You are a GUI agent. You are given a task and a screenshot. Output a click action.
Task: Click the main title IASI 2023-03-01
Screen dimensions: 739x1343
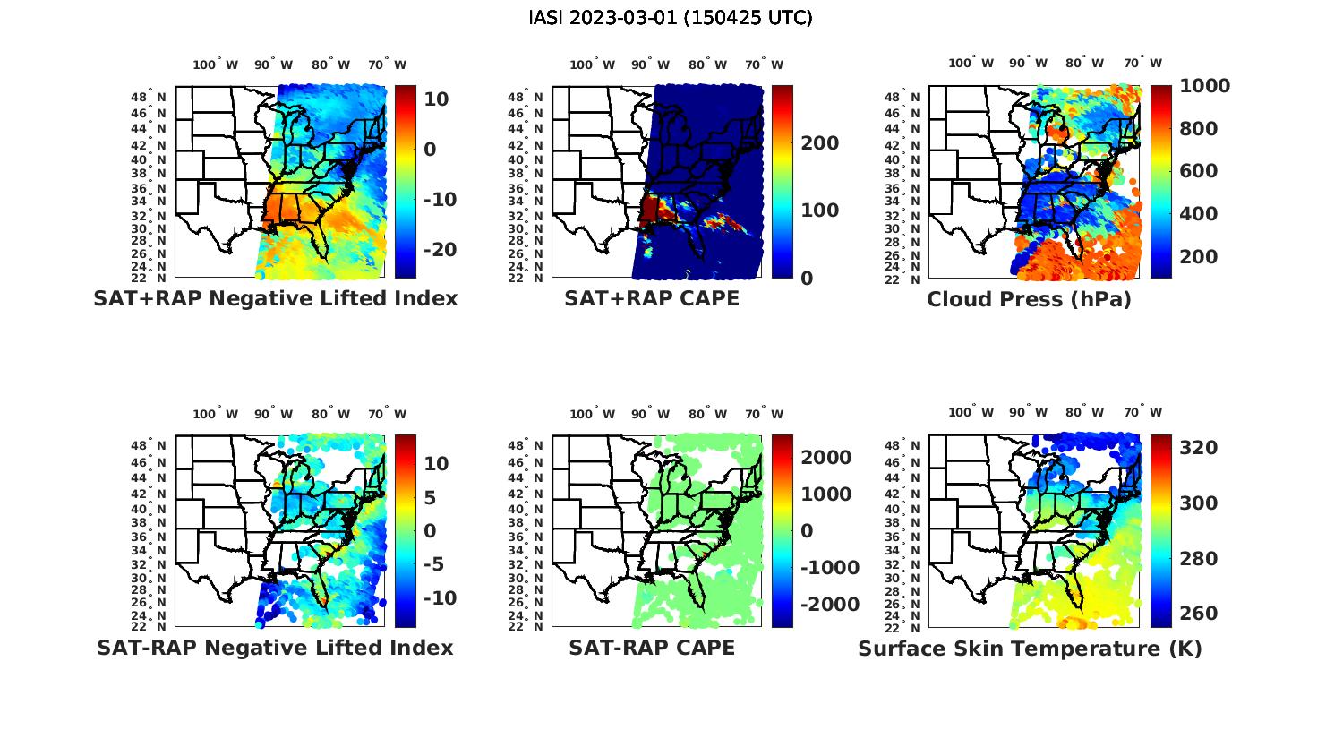click(x=671, y=18)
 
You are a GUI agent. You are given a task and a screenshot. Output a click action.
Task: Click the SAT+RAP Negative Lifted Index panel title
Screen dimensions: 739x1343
click(x=275, y=298)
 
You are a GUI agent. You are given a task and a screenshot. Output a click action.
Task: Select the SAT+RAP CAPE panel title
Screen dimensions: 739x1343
click(x=652, y=298)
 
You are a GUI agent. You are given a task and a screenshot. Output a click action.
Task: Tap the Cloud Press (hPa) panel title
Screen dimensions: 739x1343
click(x=1029, y=299)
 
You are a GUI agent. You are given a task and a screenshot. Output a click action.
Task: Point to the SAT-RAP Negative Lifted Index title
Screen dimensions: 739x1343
click(x=275, y=648)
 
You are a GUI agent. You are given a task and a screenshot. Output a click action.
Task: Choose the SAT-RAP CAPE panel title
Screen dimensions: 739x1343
click(x=652, y=648)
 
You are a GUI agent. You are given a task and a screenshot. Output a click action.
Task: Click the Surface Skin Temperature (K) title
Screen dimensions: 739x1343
click(x=1030, y=649)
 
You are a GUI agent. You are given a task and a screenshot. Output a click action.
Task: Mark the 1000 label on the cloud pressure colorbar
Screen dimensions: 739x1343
click(x=1204, y=86)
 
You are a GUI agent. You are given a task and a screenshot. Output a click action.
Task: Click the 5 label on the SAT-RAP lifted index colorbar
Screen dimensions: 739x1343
click(x=431, y=497)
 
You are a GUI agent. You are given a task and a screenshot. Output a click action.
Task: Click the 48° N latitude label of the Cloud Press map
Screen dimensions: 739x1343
click(x=912, y=97)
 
